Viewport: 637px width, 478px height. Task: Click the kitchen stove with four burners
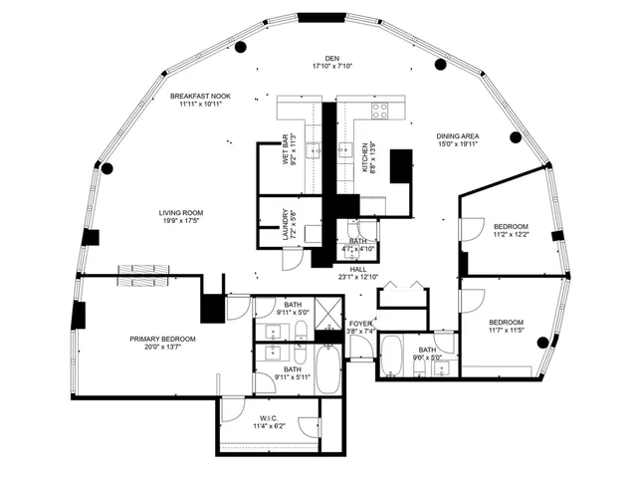[379, 111]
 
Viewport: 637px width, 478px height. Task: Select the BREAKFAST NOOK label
[200, 97]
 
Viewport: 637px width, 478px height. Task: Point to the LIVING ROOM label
[180, 212]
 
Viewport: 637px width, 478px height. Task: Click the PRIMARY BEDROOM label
[162, 340]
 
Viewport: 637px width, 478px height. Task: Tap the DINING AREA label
[458, 136]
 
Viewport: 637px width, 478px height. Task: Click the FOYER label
[360, 325]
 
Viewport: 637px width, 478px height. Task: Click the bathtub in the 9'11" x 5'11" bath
[327, 367]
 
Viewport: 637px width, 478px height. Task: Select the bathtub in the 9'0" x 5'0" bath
[391, 354]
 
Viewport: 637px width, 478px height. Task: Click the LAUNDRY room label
[287, 222]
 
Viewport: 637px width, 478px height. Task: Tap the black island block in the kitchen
[401, 165]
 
